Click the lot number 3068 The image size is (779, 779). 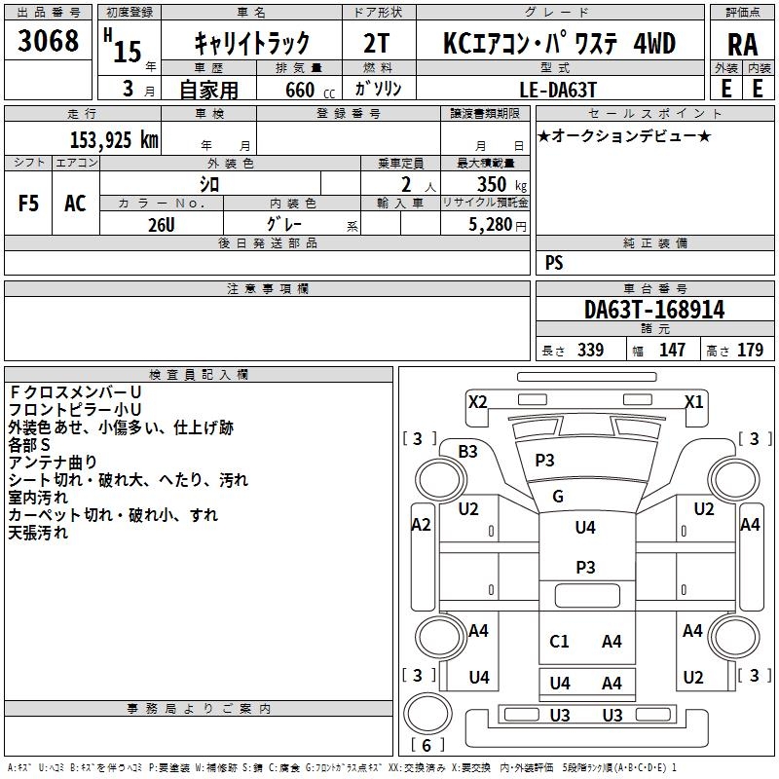click(x=48, y=41)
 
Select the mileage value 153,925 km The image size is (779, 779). click(x=114, y=140)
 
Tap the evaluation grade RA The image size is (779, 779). click(x=743, y=45)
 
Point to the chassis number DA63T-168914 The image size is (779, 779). click(x=654, y=310)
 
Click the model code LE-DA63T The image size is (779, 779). click(x=558, y=90)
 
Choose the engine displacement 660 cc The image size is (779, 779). click(x=310, y=91)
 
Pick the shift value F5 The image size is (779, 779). click(x=28, y=204)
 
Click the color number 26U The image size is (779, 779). click(x=162, y=225)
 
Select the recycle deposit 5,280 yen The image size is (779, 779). click(x=498, y=225)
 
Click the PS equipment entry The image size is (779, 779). click(x=554, y=262)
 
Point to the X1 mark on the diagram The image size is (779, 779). click(x=694, y=401)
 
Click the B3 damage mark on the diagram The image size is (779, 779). click(x=467, y=452)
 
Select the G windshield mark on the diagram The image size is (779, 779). click(x=558, y=497)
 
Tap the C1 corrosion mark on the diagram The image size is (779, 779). click(x=559, y=642)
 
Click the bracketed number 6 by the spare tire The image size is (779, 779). click(x=427, y=745)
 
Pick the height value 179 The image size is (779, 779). click(x=750, y=350)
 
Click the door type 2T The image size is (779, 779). click(x=376, y=43)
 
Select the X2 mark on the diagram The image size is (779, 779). click(x=477, y=401)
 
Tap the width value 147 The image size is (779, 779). click(x=672, y=350)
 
